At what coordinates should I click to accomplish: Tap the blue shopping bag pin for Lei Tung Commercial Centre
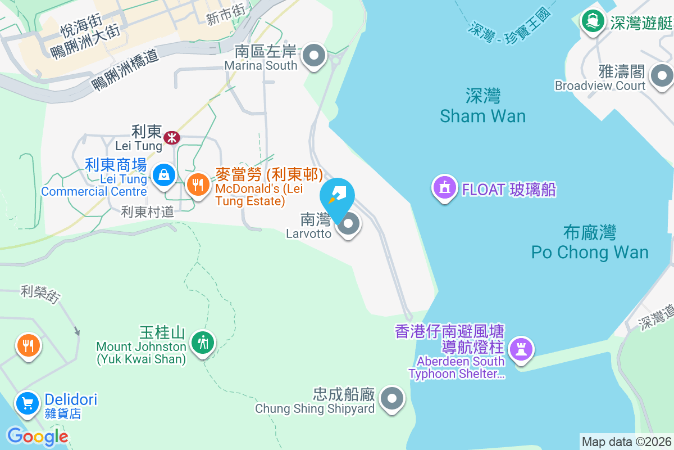coord(163,175)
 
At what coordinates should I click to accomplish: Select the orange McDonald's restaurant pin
coord(197,184)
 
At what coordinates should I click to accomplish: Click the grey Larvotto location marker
coord(349,224)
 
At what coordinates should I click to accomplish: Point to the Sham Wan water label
coord(483,106)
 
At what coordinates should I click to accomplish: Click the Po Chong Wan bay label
coord(590,242)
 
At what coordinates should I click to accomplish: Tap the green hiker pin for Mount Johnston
coord(203,341)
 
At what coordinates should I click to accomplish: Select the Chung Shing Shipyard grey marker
coord(392,399)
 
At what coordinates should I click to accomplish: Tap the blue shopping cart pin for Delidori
coord(28,403)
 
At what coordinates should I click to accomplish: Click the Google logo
coord(38,436)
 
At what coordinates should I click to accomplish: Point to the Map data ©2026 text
coord(626,442)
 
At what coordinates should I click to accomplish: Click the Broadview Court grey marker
coord(661,75)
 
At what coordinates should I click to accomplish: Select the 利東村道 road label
coord(148,212)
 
